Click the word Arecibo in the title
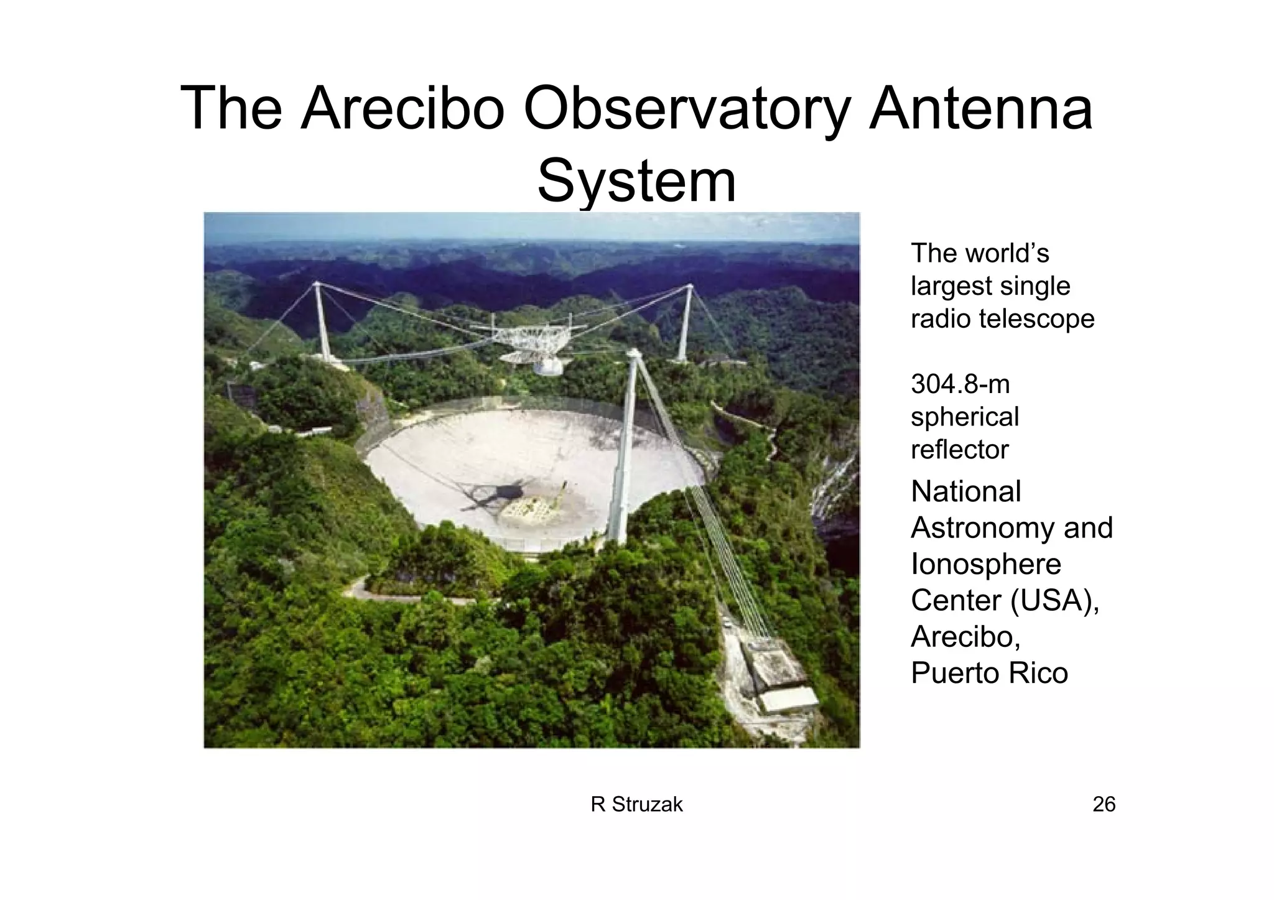(x=401, y=109)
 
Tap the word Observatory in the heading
(x=686, y=111)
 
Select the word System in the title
(x=636, y=182)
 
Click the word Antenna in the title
(x=980, y=109)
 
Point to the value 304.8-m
(x=960, y=384)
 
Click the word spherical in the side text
(x=964, y=417)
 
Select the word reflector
(x=959, y=450)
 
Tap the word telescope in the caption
(x=1036, y=319)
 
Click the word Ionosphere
(x=985, y=564)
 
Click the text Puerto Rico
(x=989, y=673)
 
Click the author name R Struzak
(x=636, y=805)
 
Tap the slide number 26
(x=1104, y=805)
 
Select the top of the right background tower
(x=689, y=287)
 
